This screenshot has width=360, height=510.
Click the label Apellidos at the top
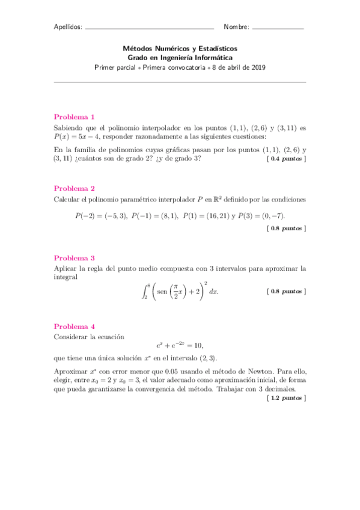pos(68,27)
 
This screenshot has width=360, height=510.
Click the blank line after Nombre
pos(278,28)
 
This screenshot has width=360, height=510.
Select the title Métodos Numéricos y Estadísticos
pos(180,48)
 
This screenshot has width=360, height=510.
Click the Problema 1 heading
pos(75,117)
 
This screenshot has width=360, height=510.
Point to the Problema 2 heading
pos(75,187)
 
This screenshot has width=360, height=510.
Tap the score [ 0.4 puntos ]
pos(286,159)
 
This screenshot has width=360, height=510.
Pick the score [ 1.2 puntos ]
pos(286,398)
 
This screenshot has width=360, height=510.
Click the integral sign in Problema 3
pos(144,291)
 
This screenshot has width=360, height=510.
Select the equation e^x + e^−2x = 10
pos(180,345)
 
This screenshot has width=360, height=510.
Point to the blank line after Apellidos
pos(150,28)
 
